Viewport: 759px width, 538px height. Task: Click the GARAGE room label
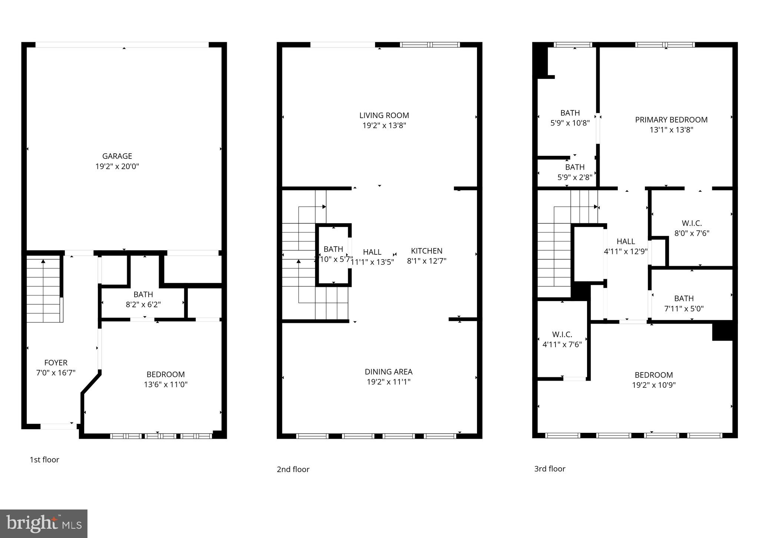[x=117, y=156]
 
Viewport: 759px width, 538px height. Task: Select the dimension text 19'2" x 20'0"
[x=117, y=167]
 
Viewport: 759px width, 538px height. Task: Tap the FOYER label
[x=56, y=363]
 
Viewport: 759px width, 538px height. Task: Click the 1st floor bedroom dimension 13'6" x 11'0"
[x=166, y=385]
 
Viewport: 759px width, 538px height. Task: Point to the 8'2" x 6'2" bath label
[x=143, y=305]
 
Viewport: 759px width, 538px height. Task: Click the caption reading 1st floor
[x=44, y=460]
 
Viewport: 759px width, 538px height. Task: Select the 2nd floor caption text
[x=293, y=470]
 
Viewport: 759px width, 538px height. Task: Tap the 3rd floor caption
[x=550, y=469]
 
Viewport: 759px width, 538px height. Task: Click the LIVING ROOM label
[x=384, y=116]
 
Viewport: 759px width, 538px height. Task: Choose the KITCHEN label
[x=427, y=251]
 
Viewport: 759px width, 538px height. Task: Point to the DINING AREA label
[x=388, y=372]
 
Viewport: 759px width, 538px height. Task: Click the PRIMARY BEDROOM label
[x=671, y=120]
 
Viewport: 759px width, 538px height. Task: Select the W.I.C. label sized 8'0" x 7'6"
[x=692, y=223]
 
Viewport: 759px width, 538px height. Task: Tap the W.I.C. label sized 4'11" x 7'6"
[x=562, y=335]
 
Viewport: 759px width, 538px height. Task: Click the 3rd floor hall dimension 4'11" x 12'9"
[x=626, y=251]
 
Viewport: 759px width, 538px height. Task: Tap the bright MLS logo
[x=44, y=524]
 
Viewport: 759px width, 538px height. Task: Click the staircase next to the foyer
[x=43, y=291]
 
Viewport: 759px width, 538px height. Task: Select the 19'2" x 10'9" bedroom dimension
[x=654, y=385]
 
